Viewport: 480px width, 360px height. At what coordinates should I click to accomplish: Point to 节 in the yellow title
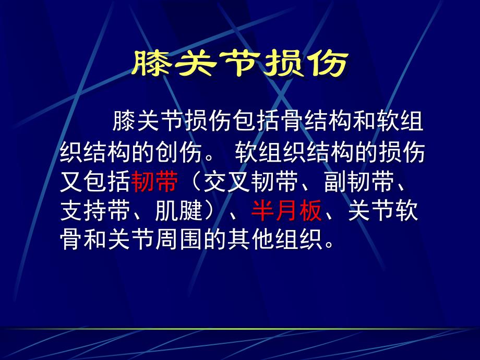click(240, 65)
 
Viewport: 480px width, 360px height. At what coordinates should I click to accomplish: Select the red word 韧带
click(155, 184)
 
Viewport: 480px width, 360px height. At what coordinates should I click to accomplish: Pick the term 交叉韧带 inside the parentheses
click(251, 184)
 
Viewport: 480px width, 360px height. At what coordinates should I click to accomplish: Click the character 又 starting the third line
click(71, 184)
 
